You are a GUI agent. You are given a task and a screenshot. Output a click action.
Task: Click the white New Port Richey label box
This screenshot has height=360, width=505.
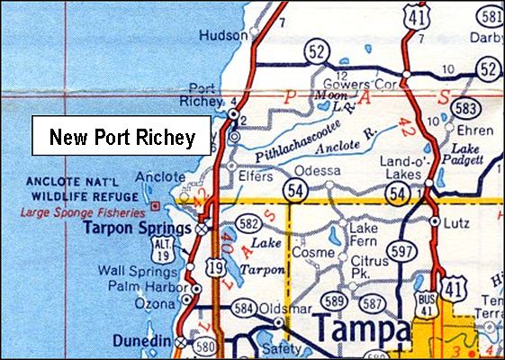122,138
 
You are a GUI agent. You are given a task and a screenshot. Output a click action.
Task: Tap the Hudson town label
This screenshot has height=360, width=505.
226,35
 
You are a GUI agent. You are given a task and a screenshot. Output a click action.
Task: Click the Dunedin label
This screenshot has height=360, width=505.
142,341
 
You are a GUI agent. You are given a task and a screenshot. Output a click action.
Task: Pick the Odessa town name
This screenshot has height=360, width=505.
320,170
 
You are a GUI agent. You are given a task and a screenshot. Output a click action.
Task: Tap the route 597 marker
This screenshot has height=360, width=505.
402,251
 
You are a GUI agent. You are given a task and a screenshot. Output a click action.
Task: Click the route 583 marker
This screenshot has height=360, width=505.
464,108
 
